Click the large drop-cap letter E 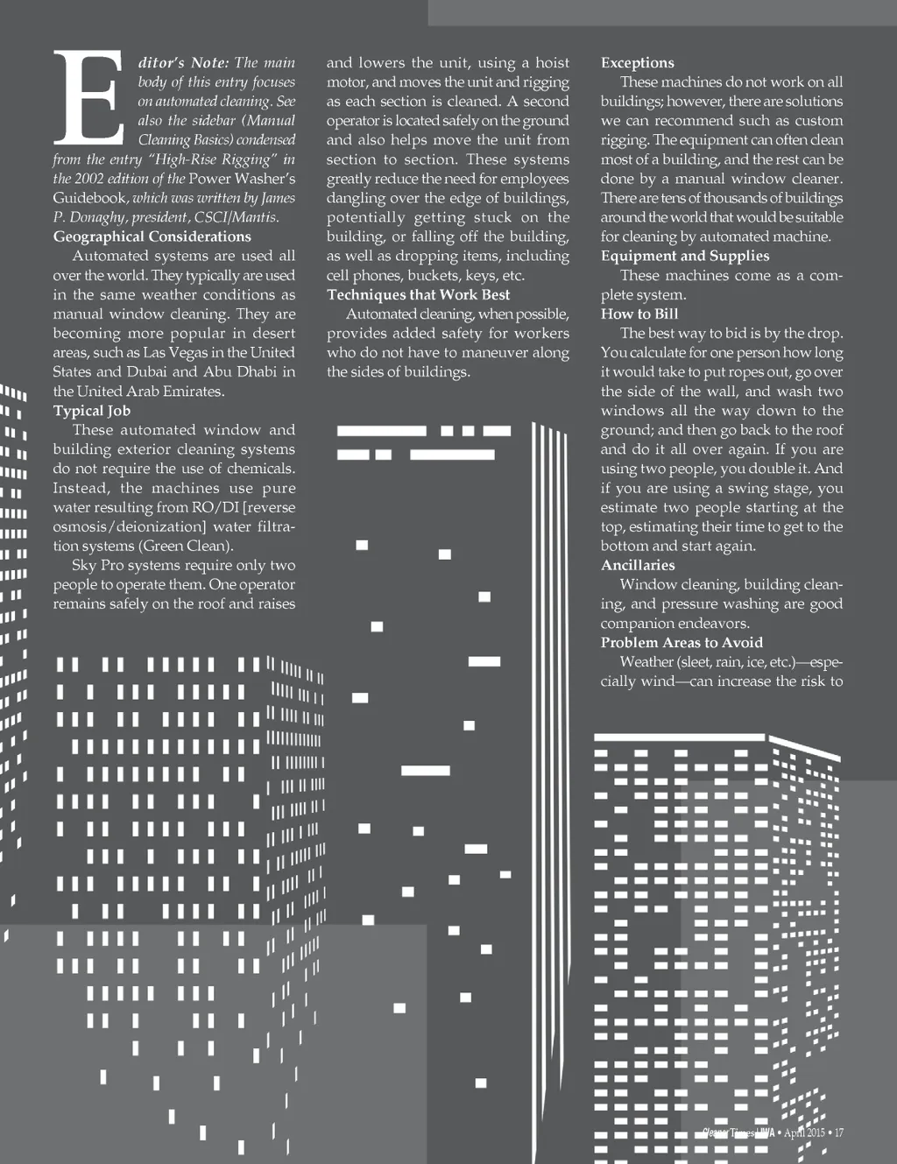[88, 97]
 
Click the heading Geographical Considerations [152, 236]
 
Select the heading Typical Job [91, 411]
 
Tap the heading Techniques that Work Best [418, 295]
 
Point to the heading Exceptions [637, 63]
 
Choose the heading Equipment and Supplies [684, 256]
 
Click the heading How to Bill [639, 314]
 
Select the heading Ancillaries [637, 565]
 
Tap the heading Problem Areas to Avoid [681, 643]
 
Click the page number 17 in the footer [838, 1132]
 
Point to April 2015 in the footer [804, 1132]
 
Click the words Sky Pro [97, 565]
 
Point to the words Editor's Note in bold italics [183, 63]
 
